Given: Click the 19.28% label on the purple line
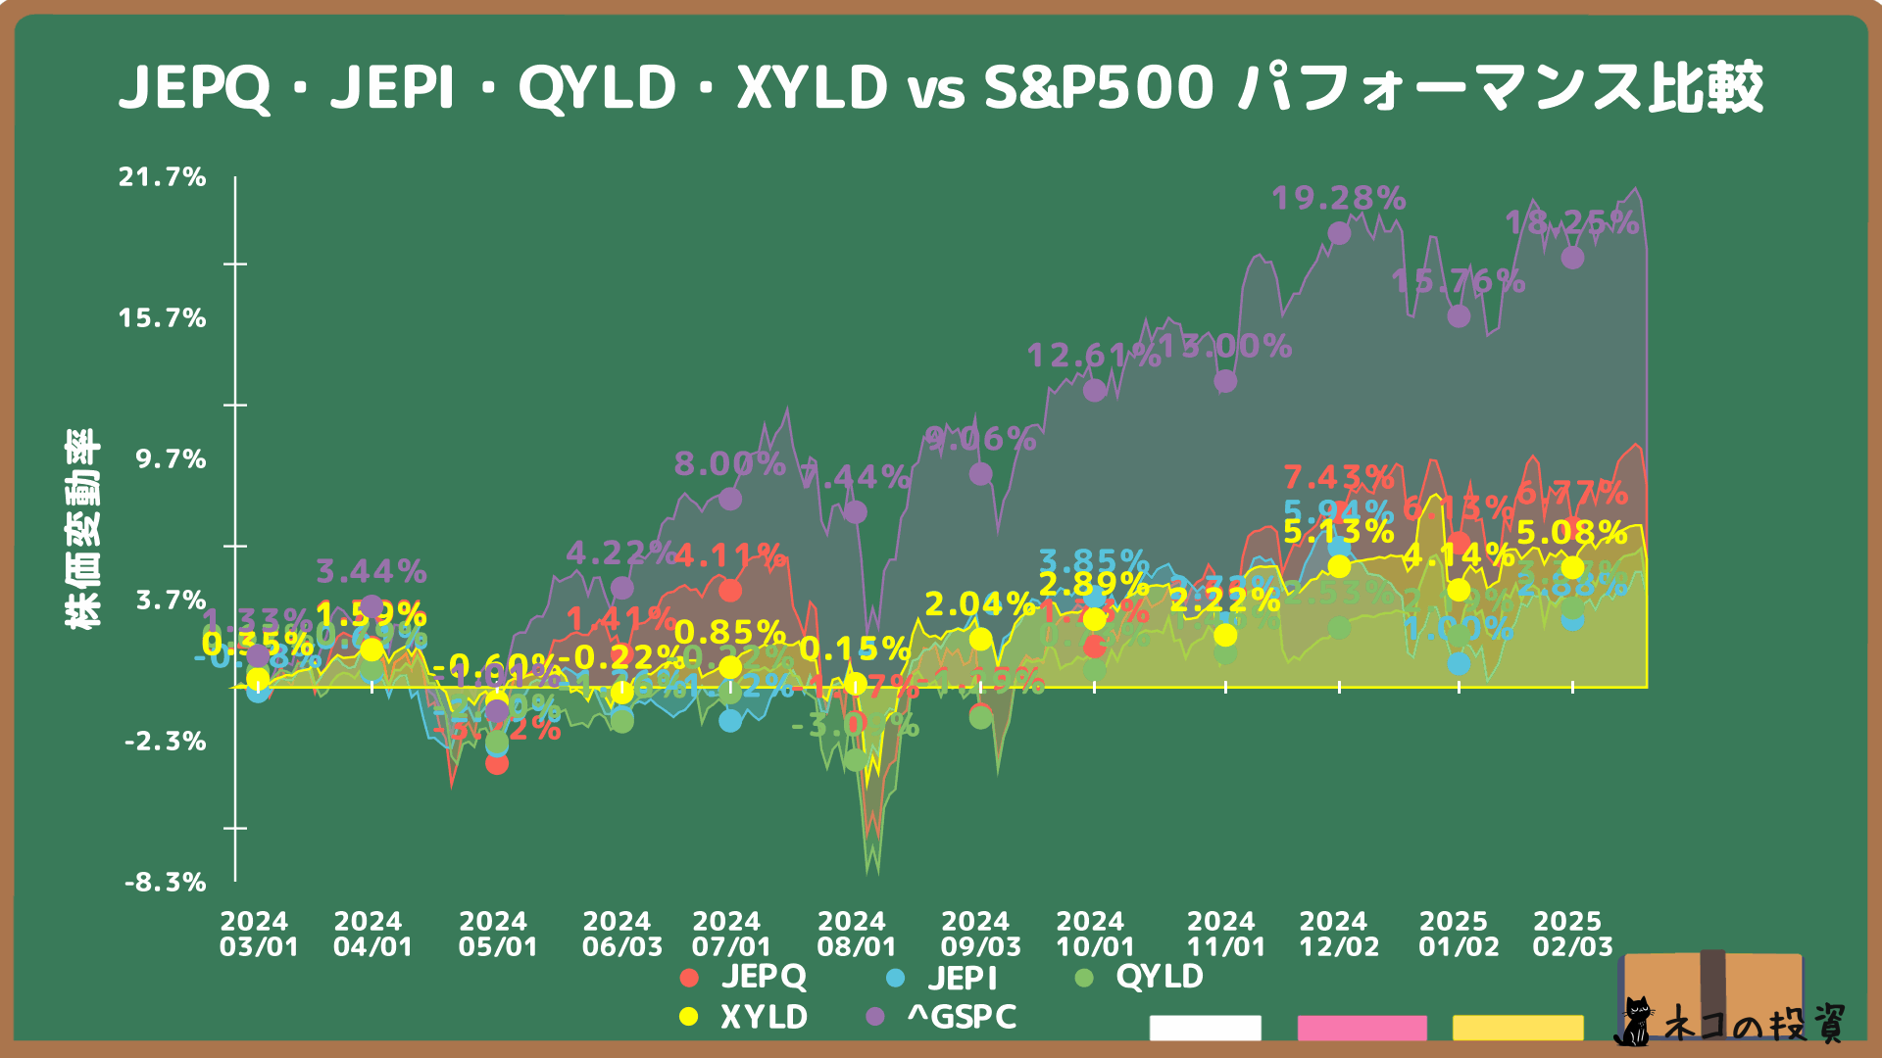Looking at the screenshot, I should (1338, 199).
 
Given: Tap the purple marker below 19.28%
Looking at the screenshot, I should (1339, 233).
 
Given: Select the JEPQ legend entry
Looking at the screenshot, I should (745, 977).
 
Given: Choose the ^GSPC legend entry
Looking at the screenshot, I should (943, 1017).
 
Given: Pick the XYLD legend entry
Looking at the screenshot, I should (745, 1017).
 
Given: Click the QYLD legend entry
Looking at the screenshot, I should (1140, 977).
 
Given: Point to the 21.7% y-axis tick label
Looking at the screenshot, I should (163, 177).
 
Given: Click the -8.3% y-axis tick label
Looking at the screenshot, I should (166, 883).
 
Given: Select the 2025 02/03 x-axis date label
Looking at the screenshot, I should (1572, 934).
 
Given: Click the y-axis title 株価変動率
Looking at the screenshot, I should (82, 529).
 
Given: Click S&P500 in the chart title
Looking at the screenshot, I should (1099, 87).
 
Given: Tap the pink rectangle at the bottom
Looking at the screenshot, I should (1362, 1028).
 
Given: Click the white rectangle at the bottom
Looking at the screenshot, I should (1205, 1028).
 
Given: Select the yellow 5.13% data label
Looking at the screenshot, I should (1338, 532).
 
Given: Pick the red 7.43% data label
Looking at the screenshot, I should (1338, 478).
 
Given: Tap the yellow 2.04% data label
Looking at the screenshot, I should (979, 604).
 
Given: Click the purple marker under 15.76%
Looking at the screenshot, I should (1459, 316).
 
